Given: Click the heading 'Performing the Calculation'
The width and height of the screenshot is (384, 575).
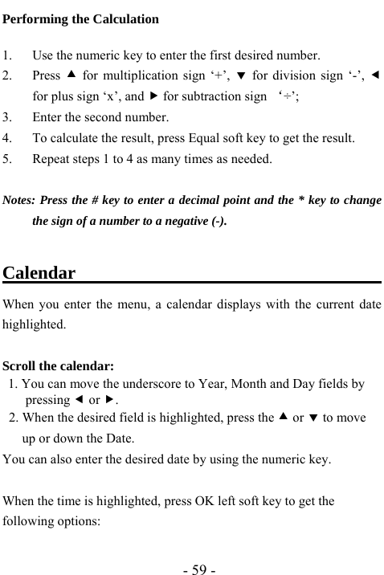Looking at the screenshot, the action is pos(81,18).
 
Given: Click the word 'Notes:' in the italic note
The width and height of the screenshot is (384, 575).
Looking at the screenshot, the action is pos(18,200).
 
